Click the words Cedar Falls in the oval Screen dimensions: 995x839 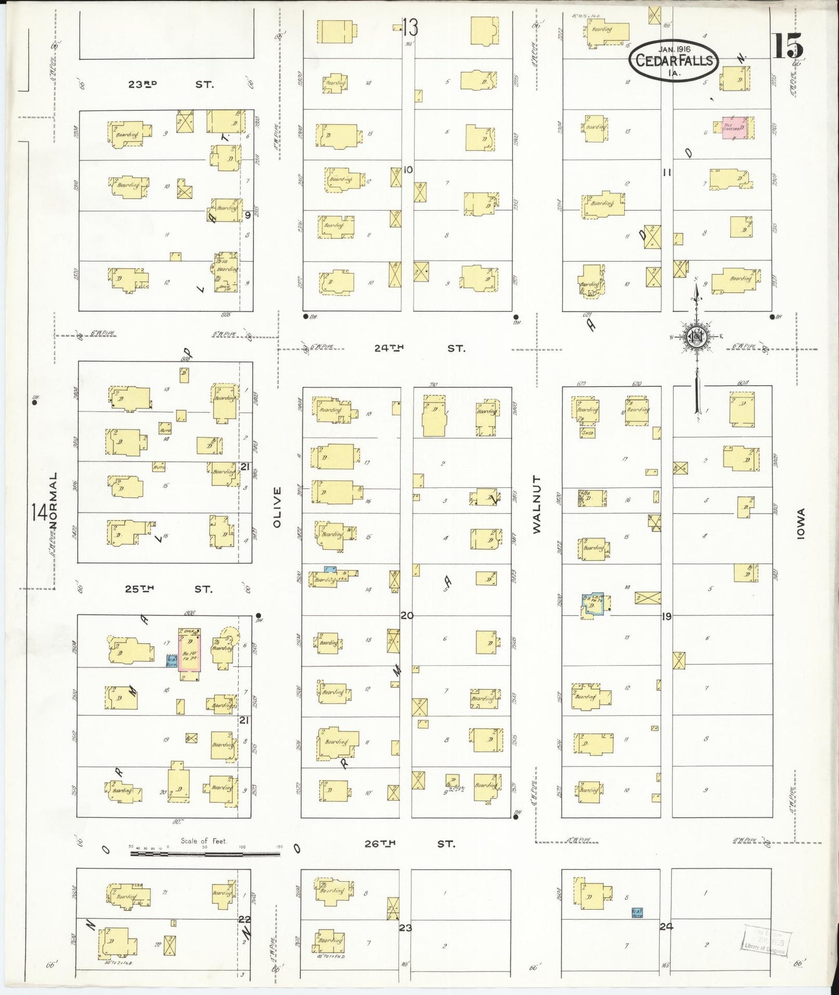[x=674, y=60]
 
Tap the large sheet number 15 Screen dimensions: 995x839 [x=787, y=45]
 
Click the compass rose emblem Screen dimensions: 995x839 [x=696, y=337]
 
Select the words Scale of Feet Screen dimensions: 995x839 [x=203, y=840]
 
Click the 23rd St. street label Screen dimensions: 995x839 [x=171, y=84]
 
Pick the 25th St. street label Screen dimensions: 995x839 [x=168, y=589]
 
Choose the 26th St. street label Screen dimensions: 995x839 [x=409, y=843]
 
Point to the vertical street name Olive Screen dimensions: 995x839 [x=277, y=507]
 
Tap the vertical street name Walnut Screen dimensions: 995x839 [x=536, y=504]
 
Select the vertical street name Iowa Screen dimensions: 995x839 [x=801, y=524]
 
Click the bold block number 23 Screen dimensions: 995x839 [x=405, y=928]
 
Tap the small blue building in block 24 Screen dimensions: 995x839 [x=636, y=913]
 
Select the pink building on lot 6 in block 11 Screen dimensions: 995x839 [x=734, y=128]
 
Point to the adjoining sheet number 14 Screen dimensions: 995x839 [x=39, y=513]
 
